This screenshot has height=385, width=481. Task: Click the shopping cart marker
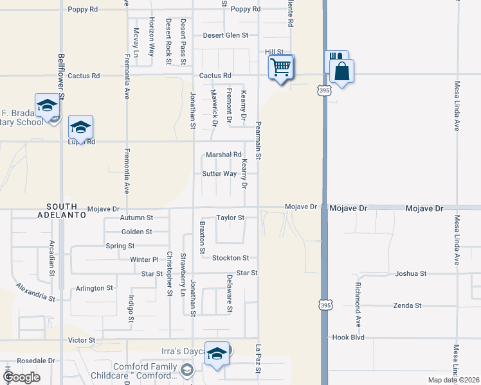280,67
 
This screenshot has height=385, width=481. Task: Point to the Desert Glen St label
225,35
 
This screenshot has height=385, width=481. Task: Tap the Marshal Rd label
223,155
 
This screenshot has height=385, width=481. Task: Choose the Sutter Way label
219,174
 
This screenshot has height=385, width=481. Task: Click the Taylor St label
230,218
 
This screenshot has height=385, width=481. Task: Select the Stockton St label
230,258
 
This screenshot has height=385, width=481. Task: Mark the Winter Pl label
144,260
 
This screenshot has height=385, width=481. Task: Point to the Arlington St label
95,288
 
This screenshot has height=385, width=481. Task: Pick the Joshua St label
411,273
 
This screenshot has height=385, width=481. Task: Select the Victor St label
82,340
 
